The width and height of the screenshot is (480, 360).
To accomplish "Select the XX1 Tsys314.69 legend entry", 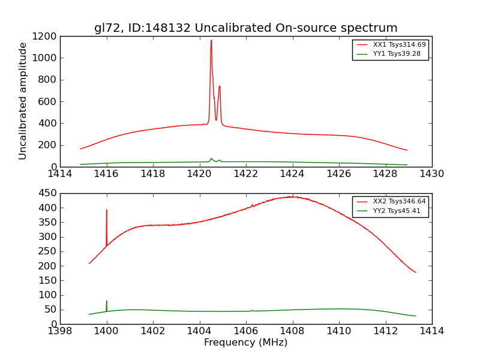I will click(390, 45).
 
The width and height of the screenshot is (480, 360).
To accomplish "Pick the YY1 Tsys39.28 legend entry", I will click(390, 54).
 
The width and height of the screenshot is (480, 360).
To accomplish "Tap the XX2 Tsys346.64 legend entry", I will click(390, 202).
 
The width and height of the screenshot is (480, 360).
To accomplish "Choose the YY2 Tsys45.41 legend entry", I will click(390, 211).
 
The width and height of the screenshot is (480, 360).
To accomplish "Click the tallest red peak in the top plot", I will click(211, 40).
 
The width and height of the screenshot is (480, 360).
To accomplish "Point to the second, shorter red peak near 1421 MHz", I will click(220, 86).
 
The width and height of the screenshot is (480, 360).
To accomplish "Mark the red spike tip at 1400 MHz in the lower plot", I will click(107, 210).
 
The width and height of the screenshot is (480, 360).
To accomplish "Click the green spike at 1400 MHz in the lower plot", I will click(107, 301).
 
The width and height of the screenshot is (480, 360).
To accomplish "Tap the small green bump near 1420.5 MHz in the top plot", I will click(211, 158).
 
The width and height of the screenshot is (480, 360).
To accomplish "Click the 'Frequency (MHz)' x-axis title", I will click(245, 343).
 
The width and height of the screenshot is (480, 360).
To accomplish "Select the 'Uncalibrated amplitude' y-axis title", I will click(23, 101).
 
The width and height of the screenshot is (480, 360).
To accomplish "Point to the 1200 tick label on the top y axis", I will click(46, 36).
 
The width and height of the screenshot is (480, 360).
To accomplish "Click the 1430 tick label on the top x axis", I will click(431, 174).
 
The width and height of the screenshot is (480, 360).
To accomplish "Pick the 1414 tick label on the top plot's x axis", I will click(60, 174).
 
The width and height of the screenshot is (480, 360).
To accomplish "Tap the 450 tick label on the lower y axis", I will click(48, 193).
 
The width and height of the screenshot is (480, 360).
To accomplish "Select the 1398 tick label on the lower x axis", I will click(60, 331).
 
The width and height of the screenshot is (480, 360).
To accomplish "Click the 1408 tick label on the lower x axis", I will click(292, 331).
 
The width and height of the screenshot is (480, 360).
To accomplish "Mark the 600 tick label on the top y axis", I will click(48, 101).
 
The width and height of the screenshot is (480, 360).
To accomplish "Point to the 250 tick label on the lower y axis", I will click(48, 251).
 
